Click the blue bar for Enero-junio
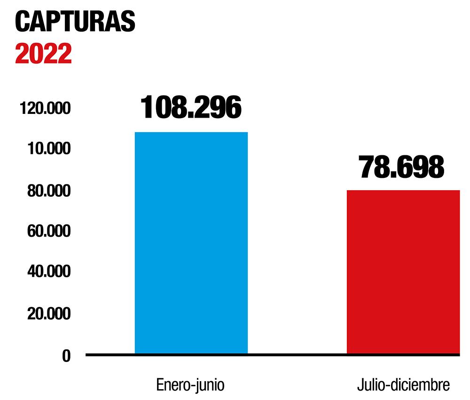pos(191,242)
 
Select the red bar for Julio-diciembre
pos(403,272)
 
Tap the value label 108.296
pos(191,107)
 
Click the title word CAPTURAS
pos(75,22)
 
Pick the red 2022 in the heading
pos(43,54)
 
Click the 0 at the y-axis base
pos(66,356)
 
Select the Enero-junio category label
pos(190,384)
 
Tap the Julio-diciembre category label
pos(403,384)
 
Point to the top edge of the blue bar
pos(191,133)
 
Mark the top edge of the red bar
pos(403,191)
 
